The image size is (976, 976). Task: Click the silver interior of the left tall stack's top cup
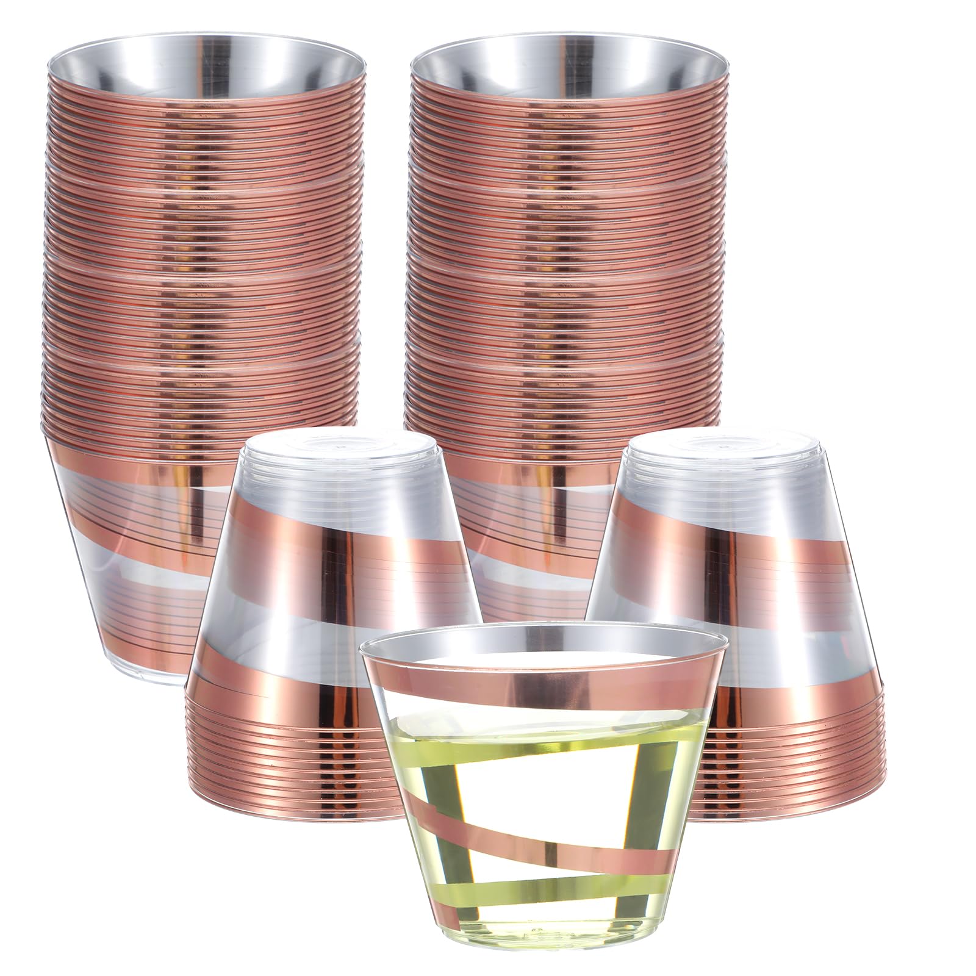click(x=204, y=73)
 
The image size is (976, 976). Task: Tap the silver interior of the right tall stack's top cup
click(x=567, y=73)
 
